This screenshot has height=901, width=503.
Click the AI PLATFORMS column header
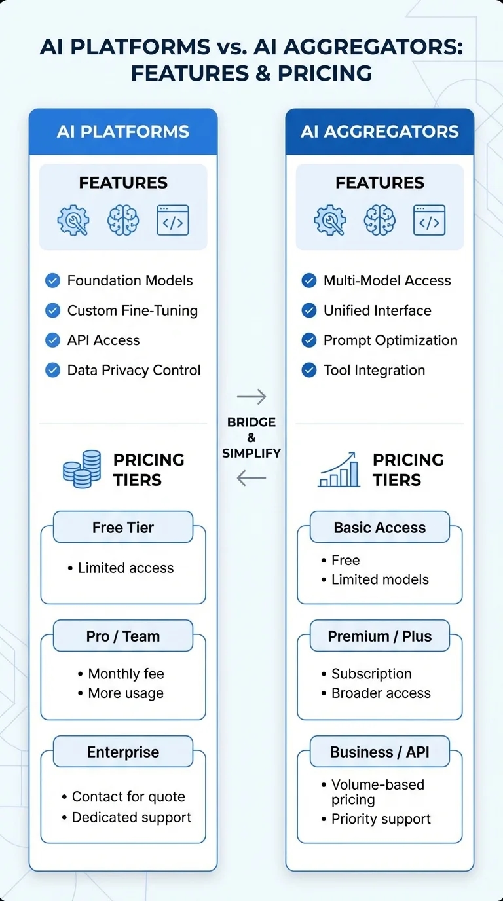(123, 132)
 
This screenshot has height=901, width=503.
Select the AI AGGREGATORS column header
(380, 132)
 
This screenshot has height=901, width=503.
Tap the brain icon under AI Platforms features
(123, 220)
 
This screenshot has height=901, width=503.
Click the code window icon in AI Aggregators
(429, 220)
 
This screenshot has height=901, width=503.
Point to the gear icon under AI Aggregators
(330, 220)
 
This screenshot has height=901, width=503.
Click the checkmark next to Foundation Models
(52, 281)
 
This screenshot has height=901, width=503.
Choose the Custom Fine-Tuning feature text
(132, 310)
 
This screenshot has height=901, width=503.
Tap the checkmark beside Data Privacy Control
(52, 371)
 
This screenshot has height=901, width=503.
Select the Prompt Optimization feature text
(390, 340)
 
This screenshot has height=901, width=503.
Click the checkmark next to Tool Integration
(309, 371)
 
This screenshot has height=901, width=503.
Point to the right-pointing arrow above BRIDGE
(251, 397)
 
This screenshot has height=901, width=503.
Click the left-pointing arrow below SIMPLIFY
(251, 479)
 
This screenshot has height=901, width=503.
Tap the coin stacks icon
(82, 469)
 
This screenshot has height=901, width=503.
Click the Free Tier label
(123, 528)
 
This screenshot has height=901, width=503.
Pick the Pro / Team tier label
(123, 636)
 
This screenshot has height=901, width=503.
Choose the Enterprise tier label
(123, 752)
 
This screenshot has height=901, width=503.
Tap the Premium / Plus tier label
(380, 636)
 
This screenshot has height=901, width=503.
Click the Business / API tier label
(380, 752)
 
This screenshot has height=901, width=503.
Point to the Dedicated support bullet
(131, 818)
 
